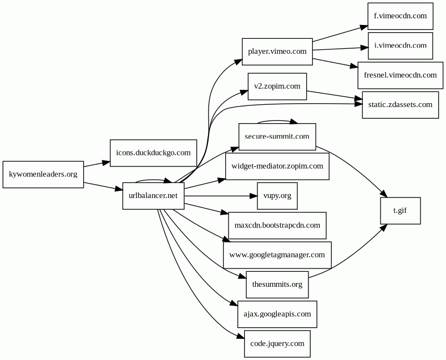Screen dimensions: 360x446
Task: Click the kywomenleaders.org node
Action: click(43, 174)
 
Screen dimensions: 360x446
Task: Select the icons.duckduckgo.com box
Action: click(153, 153)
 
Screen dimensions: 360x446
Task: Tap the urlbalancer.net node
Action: click(153, 195)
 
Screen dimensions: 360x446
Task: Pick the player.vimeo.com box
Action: click(277, 52)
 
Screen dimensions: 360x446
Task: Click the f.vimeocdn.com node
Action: click(400, 16)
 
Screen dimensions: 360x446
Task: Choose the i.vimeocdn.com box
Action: click(400, 45)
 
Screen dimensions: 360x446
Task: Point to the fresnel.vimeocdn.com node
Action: click(400, 75)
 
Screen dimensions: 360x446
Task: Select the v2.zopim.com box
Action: click(277, 86)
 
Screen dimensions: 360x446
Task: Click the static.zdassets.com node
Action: click(400, 104)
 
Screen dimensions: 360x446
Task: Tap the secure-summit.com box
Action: click(277, 136)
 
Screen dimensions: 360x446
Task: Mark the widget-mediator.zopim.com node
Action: click(277, 166)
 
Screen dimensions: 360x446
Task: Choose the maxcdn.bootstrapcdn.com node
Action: click(277, 225)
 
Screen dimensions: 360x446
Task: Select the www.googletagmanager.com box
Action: click(277, 255)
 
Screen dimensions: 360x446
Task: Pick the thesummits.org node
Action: click(277, 285)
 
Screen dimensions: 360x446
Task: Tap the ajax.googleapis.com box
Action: click(277, 314)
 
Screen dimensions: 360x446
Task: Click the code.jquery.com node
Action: click(277, 343)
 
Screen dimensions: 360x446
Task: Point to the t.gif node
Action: click(400, 210)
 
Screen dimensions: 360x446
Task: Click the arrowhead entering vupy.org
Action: click(253, 195)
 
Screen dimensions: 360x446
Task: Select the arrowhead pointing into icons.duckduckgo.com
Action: click(106, 163)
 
